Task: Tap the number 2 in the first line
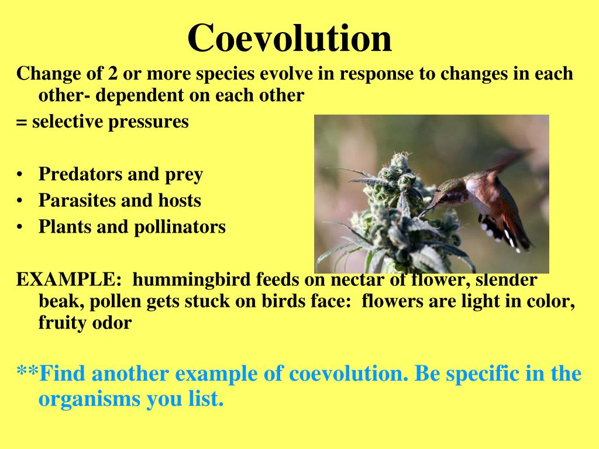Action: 110,74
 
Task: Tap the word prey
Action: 183,174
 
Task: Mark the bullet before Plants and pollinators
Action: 20,227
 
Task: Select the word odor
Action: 111,323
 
